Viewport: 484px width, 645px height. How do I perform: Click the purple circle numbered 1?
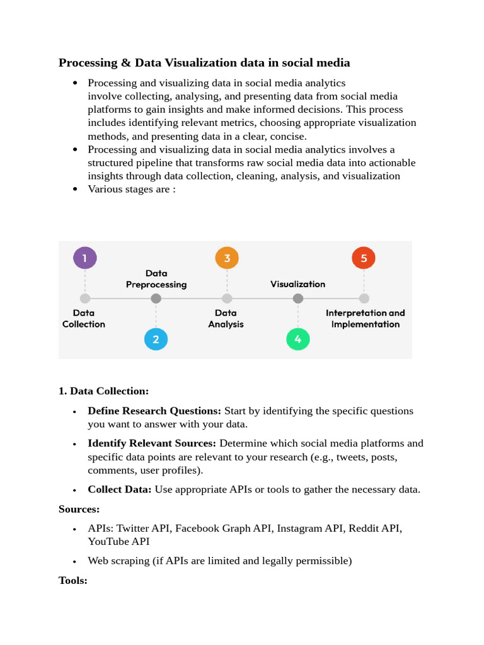click(85, 258)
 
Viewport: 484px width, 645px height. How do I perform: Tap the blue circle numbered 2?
click(156, 340)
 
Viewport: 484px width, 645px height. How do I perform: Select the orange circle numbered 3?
click(227, 258)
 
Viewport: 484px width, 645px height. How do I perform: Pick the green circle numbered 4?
click(298, 340)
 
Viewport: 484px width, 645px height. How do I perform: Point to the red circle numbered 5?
click(364, 258)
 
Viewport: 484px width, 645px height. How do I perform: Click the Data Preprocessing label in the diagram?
click(156, 278)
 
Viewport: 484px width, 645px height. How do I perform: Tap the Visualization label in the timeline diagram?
click(298, 284)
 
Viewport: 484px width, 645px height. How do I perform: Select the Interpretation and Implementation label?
click(366, 318)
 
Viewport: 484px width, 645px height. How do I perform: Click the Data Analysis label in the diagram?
click(226, 318)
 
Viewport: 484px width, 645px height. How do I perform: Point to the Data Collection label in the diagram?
click(84, 318)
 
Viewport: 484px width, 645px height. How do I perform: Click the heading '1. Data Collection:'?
click(103, 391)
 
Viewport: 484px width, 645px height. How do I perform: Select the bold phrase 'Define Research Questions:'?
click(154, 411)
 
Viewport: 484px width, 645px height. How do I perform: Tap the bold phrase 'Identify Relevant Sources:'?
click(152, 443)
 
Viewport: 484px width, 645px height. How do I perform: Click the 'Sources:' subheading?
click(79, 508)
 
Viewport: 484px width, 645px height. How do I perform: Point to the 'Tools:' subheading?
click(72, 580)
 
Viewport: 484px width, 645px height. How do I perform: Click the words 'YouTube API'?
click(118, 541)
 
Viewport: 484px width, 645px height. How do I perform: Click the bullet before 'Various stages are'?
click(76, 189)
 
